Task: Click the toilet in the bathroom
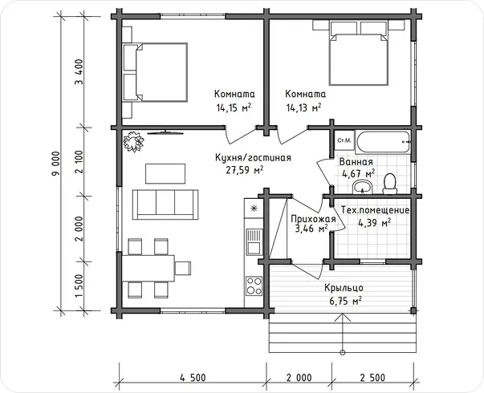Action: tap(389, 184)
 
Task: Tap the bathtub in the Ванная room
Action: tap(383, 142)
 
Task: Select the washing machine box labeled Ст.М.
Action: tap(344, 140)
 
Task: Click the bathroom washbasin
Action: tap(363, 188)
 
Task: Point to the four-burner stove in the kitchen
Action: tap(254, 286)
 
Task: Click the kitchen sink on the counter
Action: tap(254, 241)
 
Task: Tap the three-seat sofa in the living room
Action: tap(165, 205)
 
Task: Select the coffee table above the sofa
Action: tap(165, 174)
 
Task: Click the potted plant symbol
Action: tap(134, 142)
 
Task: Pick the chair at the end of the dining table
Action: tap(183, 268)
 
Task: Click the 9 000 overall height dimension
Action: tap(56, 164)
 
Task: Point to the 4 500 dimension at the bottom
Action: tap(193, 378)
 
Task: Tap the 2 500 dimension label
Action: tap(372, 378)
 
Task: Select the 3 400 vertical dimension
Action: tap(79, 72)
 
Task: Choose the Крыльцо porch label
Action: tap(344, 288)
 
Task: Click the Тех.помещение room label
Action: tap(376, 210)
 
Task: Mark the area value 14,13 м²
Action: tap(304, 107)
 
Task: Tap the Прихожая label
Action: tap(313, 219)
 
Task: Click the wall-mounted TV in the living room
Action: tap(165, 132)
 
